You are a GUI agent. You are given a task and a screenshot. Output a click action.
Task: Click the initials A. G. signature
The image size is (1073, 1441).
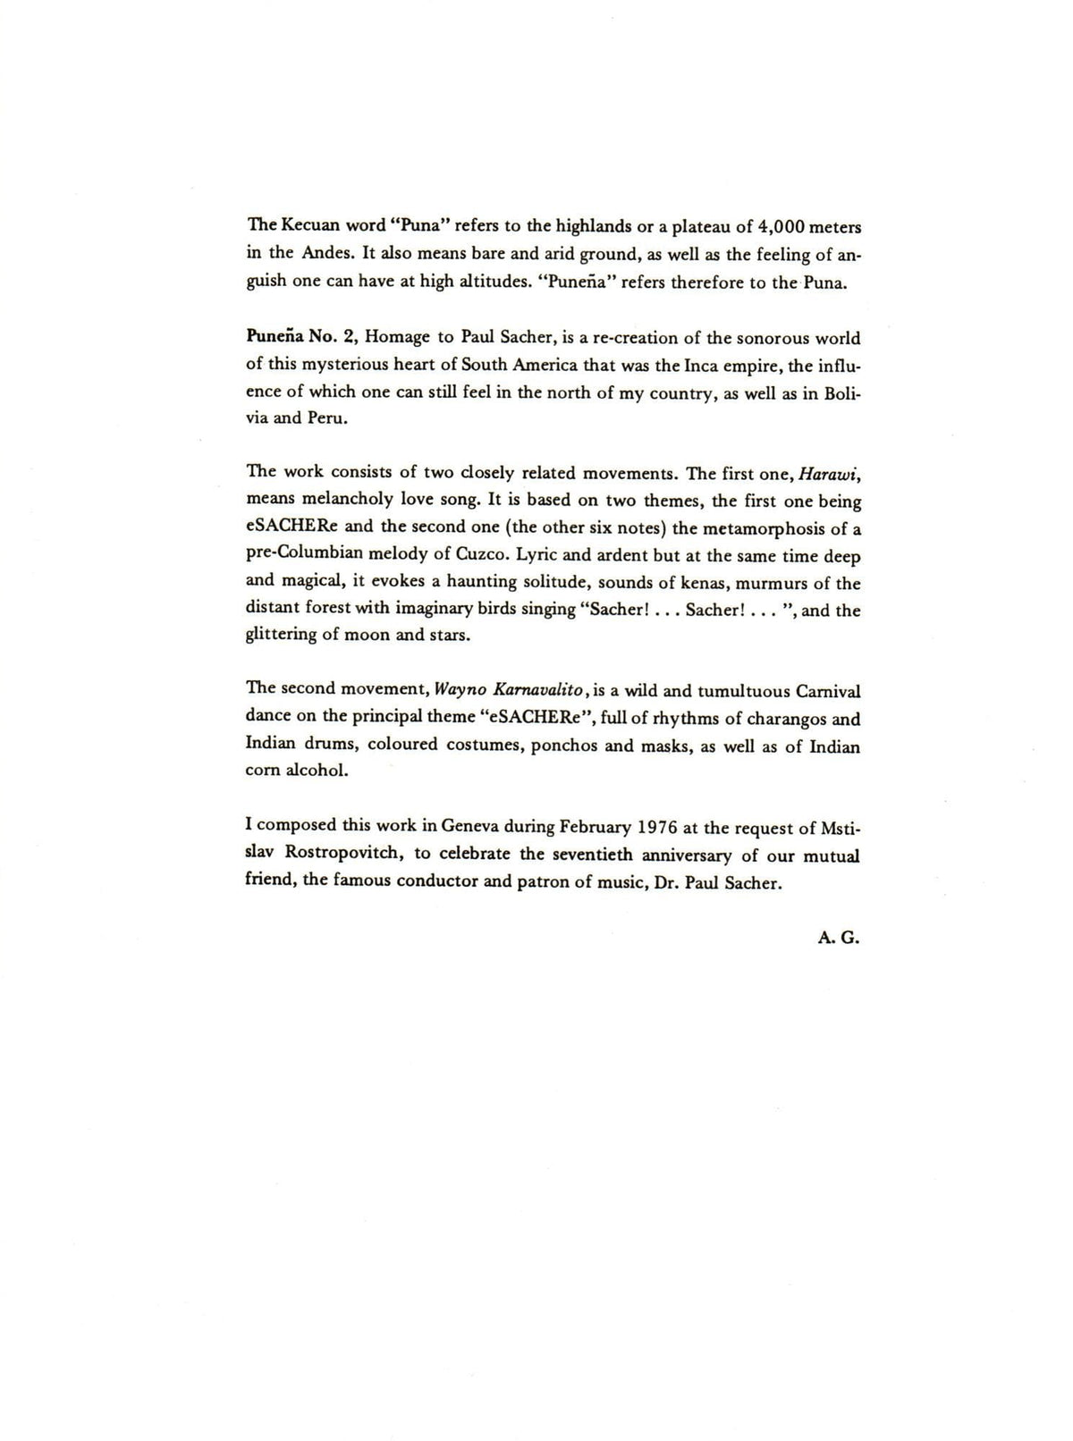(838, 940)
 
